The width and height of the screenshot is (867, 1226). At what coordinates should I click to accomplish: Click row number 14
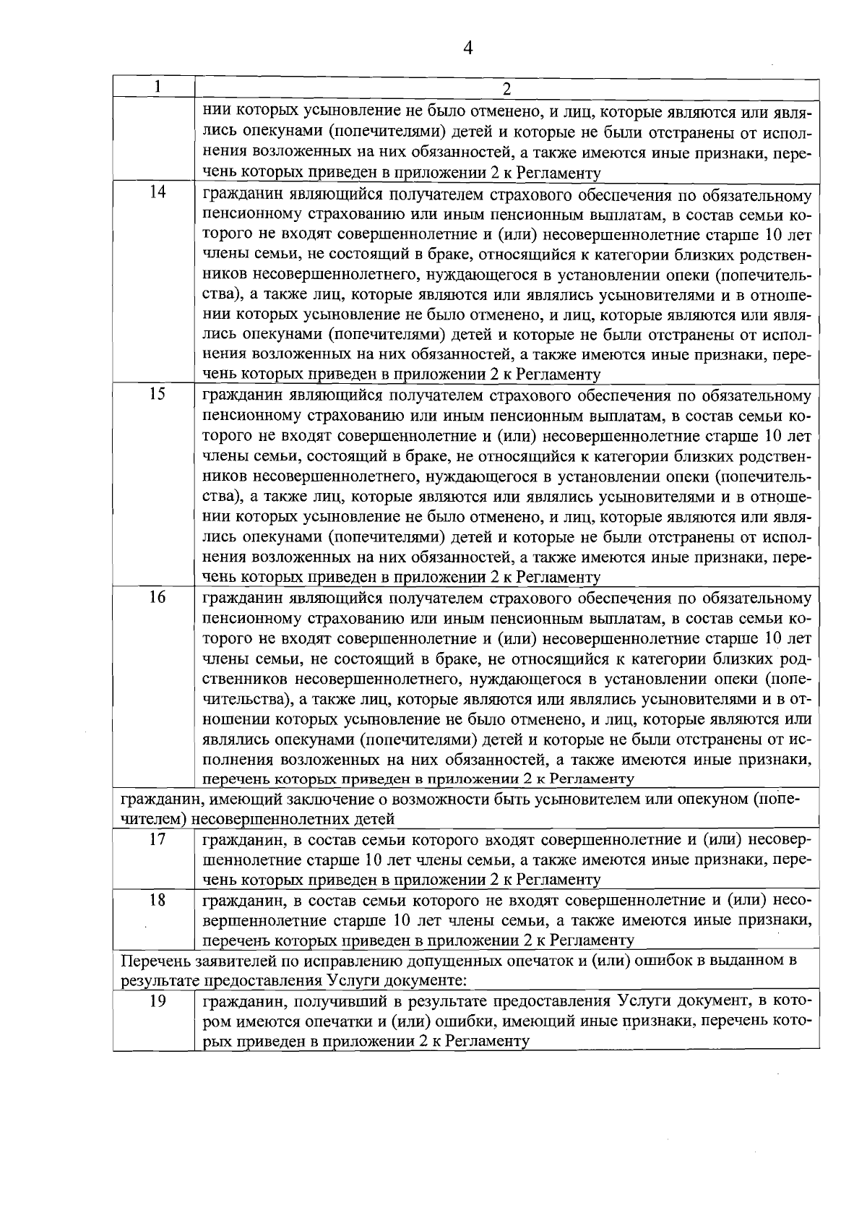tap(157, 192)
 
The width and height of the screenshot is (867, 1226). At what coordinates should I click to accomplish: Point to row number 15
tap(157, 394)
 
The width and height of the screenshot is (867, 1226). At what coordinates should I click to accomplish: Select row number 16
tap(157, 597)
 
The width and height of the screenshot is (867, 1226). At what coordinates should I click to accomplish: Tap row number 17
tap(157, 839)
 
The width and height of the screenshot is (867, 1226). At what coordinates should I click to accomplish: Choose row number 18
tap(157, 900)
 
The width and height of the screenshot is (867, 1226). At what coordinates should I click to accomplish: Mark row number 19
tap(157, 1001)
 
